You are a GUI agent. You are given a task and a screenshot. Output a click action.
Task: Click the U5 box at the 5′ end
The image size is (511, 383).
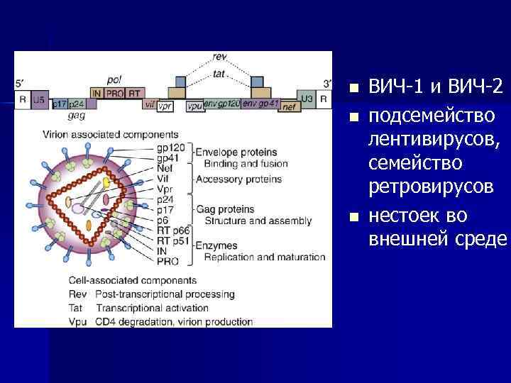click(40, 99)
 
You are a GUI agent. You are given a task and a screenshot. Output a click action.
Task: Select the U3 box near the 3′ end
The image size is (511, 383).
click(307, 98)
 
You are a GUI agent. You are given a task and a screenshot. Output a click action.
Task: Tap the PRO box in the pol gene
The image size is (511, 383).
click(114, 92)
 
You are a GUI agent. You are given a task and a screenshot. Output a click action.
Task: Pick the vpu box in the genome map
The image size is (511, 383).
click(194, 106)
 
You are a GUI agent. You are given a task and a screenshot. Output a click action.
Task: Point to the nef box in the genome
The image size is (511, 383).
click(288, 106)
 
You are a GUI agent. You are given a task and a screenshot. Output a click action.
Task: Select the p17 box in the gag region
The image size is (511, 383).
click(60, 104)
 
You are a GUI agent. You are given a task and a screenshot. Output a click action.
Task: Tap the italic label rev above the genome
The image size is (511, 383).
click(220, 57)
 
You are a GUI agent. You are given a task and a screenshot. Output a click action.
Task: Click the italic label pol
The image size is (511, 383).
click(114, 79)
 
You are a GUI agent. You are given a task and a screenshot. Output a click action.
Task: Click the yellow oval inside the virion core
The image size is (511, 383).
click(107, 182)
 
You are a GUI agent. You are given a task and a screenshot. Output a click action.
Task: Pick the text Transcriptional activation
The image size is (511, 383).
click(152, 308)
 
